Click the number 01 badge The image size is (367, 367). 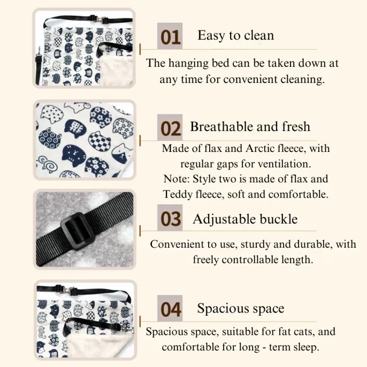(170, 36)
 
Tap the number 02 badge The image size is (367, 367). (170, 127)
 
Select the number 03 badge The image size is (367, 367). (170, 218)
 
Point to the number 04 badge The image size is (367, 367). (170, 308)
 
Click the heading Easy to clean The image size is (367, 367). (236, 35)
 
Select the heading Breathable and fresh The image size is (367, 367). (250, 127)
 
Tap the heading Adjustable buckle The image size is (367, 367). (245, 219)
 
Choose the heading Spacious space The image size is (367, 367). (241, 308)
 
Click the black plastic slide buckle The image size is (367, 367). (79, 231)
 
